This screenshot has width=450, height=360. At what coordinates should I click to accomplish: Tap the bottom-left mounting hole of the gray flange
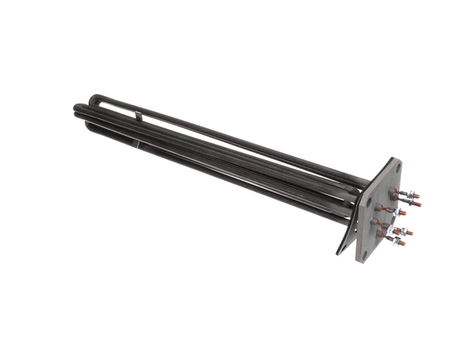coord(365,255)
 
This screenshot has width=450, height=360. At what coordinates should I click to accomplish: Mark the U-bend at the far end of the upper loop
coord(92,99)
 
